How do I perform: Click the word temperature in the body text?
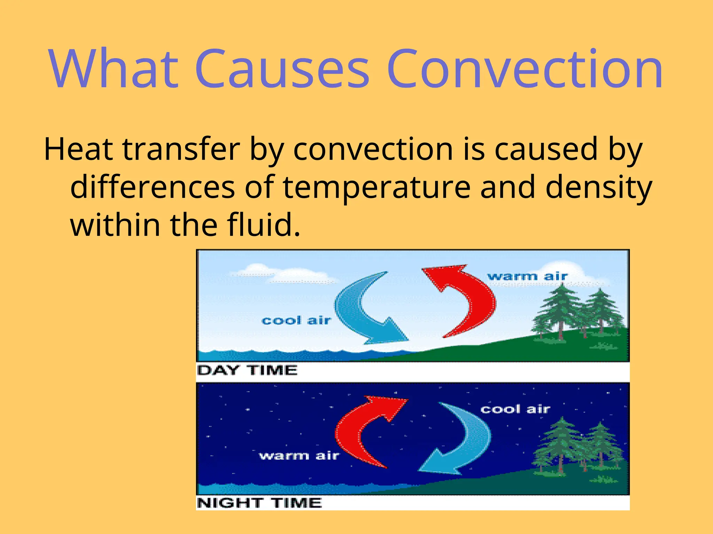point(376,188)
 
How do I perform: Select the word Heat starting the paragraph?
point(78,149)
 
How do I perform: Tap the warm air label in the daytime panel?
point(527,277)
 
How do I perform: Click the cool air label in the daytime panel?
point(296,320)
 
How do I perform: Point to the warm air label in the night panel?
point(299,455)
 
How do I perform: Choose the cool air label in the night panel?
point(515,409)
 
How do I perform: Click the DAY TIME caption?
point(247,370)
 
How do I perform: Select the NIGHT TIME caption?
point(259,503)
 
